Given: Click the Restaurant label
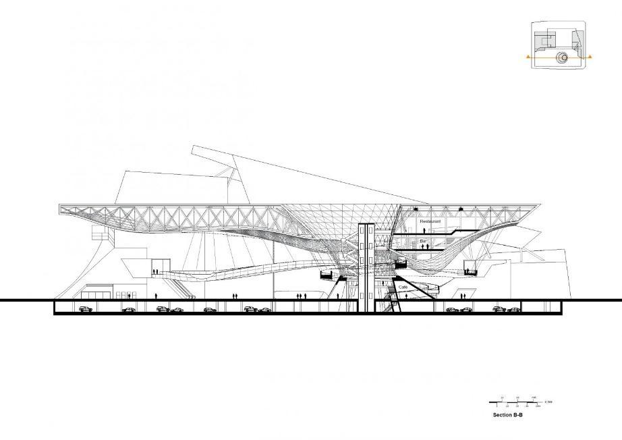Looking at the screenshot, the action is pos(430,221).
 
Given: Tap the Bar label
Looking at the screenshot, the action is pos(424,240).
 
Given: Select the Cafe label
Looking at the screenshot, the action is pos(403,287).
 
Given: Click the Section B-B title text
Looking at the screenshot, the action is pos(508,416).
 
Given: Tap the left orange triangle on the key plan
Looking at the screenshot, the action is pos(529,58).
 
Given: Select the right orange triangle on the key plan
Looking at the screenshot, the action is pos(590,58).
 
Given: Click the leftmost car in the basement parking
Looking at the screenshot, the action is pos(85,309).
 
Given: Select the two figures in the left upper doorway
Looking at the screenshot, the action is pos(156,272).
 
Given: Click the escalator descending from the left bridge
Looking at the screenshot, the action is pos(182,285).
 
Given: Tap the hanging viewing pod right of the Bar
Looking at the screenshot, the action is pos(470,271).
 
